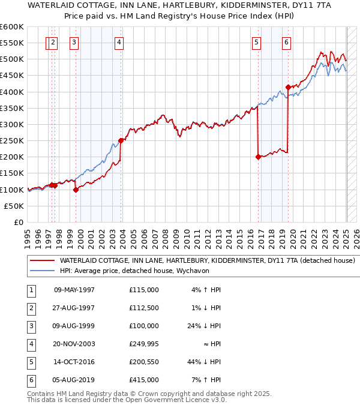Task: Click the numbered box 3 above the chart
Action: click(x=74, y=42)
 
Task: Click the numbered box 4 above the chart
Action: click(x=119, y=42)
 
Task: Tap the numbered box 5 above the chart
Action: click(x=257, y=42)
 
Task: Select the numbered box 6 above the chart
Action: click(x=287, y=42)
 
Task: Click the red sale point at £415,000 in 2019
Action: click(x=288, y=87)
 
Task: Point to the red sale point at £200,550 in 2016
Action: click(x=258, y=157)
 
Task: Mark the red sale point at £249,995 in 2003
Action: click(x=121, y=140)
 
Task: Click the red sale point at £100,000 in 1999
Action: click(x=76, y=190)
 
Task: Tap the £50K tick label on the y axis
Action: click(x=14, y=206)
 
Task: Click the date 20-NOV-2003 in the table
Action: click(x=74, y=344)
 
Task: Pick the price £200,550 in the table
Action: click(x=144, y=362)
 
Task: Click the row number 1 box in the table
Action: click(x=31, y=290)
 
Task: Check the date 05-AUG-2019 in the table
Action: click(x=74, y=380)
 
